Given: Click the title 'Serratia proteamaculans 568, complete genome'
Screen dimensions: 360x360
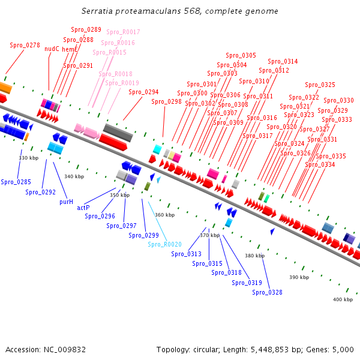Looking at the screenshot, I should (179, 11).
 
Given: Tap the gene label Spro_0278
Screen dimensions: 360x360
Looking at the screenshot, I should (25, 46).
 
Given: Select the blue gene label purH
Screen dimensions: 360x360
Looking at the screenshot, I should (66, 202).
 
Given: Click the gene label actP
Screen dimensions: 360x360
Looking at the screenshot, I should (83, 208).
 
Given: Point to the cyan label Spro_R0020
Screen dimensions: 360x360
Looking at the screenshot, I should (164, 244).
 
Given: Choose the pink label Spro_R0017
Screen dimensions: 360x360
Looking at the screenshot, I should (123, 32).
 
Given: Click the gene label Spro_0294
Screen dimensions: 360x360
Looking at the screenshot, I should (143, 92).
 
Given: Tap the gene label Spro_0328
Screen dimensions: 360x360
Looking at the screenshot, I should (267, 292).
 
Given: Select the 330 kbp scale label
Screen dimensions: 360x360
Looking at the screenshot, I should (29, 158).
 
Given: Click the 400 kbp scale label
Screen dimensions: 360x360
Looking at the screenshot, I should (343, 299).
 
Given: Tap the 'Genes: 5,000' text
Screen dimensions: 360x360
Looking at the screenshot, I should (331, 349).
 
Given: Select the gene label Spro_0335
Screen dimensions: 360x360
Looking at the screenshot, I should (331, 156).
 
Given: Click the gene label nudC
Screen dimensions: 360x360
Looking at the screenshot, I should (52, 49).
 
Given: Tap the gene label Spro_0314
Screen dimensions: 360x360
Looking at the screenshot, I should (283, 61).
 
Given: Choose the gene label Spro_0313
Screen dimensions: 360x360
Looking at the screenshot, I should (186, 254).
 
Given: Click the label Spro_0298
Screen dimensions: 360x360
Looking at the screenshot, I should (166, 101).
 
